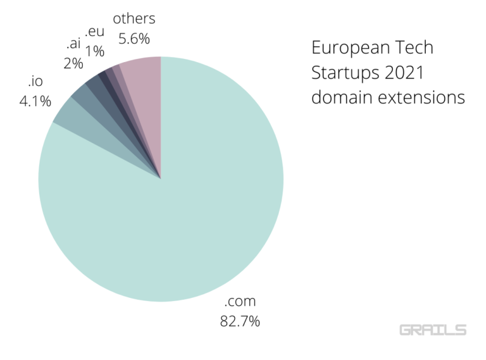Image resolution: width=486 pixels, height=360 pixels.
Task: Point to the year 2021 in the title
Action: [404, 74]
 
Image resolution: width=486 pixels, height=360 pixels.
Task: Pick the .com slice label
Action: [240, 302]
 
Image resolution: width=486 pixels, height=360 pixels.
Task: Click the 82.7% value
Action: [240, 321]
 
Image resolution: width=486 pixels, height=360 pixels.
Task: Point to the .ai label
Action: [73, 45]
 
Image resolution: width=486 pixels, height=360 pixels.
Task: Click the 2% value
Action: [73, 63]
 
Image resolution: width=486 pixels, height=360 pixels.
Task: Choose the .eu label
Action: [94, 32]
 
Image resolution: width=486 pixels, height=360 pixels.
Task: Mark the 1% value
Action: [94, 51]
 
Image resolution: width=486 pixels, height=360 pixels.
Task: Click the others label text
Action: [134, 18]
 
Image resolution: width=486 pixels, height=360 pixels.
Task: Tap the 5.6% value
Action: [134, 39]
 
